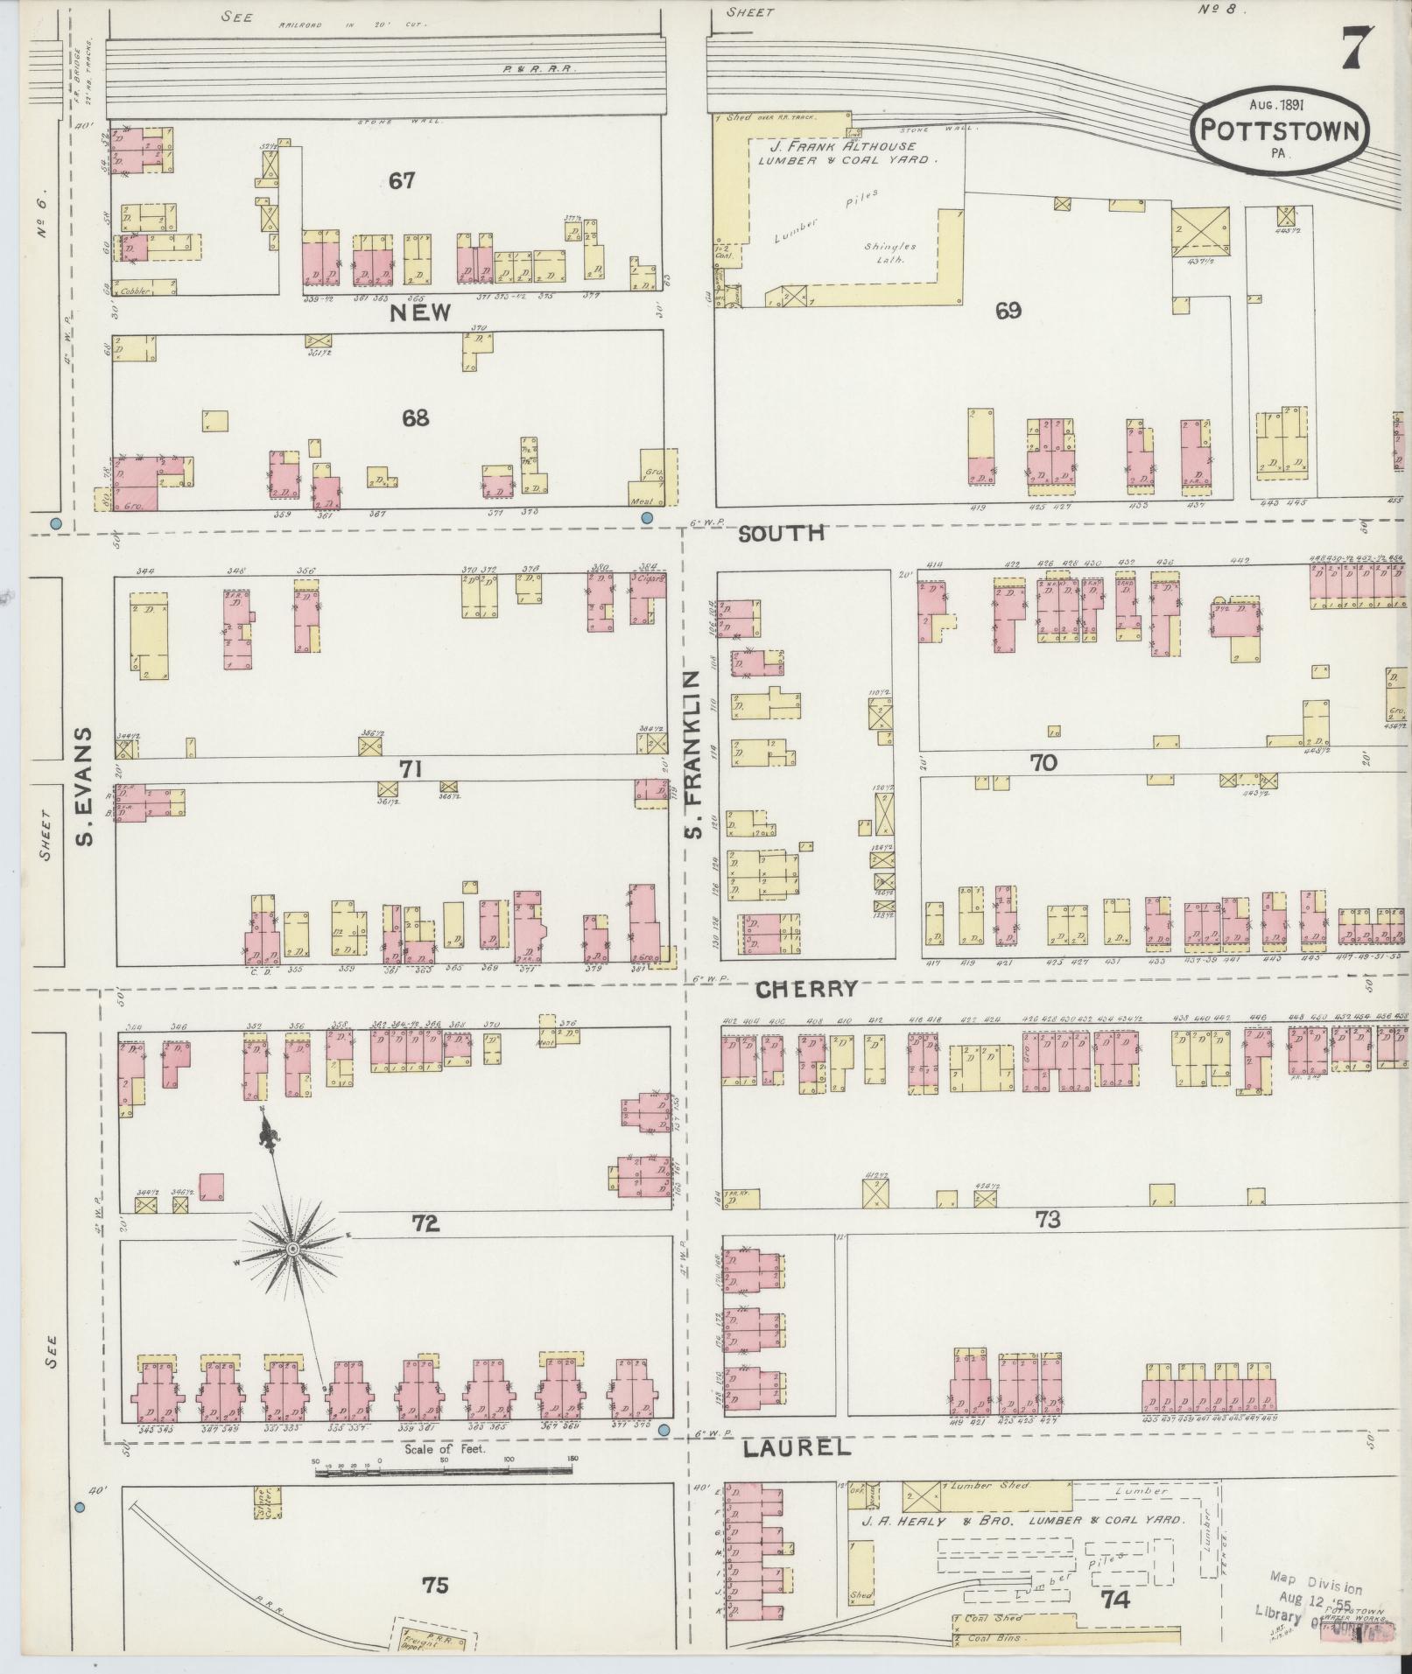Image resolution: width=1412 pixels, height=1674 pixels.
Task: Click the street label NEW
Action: [420, 312]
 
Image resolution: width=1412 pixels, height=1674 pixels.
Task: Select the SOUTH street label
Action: [783, 533]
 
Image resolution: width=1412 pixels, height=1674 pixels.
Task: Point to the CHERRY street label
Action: [806, 989]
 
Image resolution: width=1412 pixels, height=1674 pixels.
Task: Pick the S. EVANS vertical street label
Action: [85, 786]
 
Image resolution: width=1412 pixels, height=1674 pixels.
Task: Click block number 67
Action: [403, 181]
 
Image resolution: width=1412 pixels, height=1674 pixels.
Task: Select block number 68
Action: [415, 418]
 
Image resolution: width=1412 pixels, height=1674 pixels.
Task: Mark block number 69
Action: [1008, 311]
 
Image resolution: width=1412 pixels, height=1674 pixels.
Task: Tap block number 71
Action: [411, 769]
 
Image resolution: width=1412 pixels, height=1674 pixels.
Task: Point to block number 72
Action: [425, 1223]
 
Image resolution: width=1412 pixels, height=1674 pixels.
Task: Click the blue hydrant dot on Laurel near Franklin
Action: [664, 1431]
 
